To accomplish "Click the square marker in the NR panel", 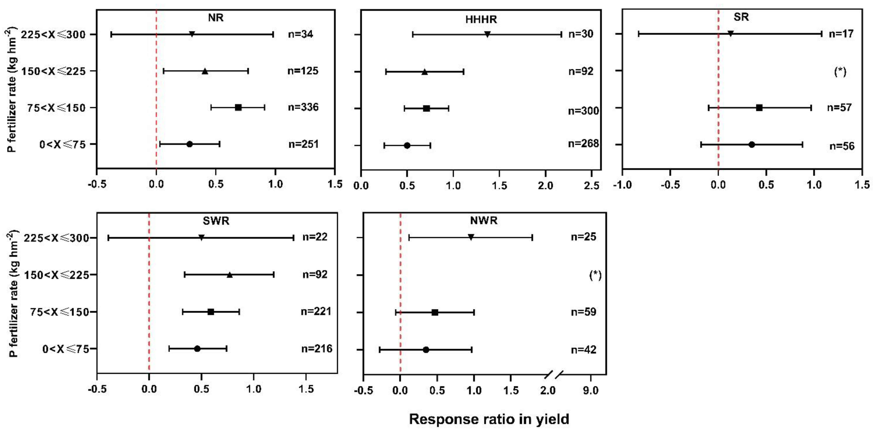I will click(238, 108).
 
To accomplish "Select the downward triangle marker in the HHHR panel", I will click(487, 34).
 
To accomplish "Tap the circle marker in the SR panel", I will click(752, 144).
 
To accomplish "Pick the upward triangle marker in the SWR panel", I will click(230, 275).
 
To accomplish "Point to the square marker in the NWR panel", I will click(435, 312).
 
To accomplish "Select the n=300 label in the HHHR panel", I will click(583, 111).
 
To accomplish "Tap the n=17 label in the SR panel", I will click(841, 34).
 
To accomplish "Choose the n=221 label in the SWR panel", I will click(316, 311).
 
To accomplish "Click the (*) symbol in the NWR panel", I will click(595, 275).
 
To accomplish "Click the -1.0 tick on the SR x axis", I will click(623, 185).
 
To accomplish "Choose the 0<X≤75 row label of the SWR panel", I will click(65, 349).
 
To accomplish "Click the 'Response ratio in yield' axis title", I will click(489, 419).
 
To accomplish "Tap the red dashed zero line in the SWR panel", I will click(149, 295).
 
